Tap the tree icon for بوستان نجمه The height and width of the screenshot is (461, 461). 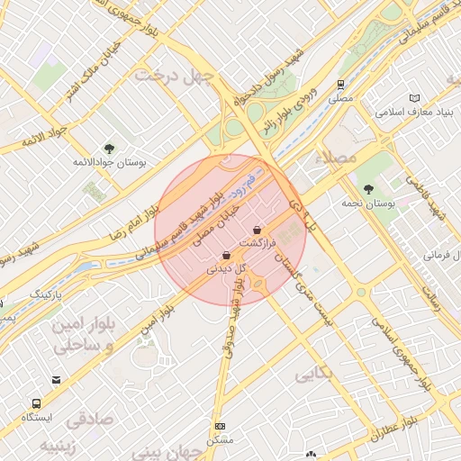click(369, 188)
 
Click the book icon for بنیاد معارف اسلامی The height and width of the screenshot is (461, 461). click(414, 98)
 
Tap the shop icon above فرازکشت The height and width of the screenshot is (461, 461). click(258, 230)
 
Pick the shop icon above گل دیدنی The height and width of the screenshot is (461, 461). click(226, 255)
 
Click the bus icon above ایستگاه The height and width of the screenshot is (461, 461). click(37, 404)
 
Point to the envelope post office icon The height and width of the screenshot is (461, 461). click(57, 380)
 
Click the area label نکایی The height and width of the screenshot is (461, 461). click(313, 371)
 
